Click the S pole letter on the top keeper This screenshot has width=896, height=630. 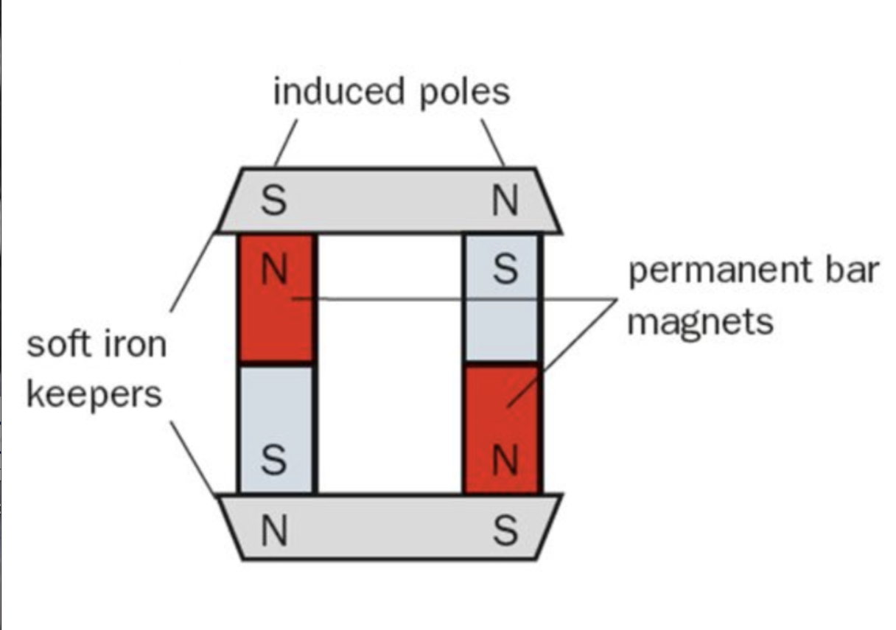pos(273,201)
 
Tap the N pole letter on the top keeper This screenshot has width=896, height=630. pos(505,201)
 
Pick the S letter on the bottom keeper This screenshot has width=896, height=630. pos(505,531)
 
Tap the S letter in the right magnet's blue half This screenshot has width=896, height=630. pos(505,270)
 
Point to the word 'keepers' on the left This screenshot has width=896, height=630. pos(94,394)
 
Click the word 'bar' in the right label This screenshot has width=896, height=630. pos(855,270)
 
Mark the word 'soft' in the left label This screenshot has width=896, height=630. pos(57,344)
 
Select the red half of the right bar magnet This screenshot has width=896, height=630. pos(503,413)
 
